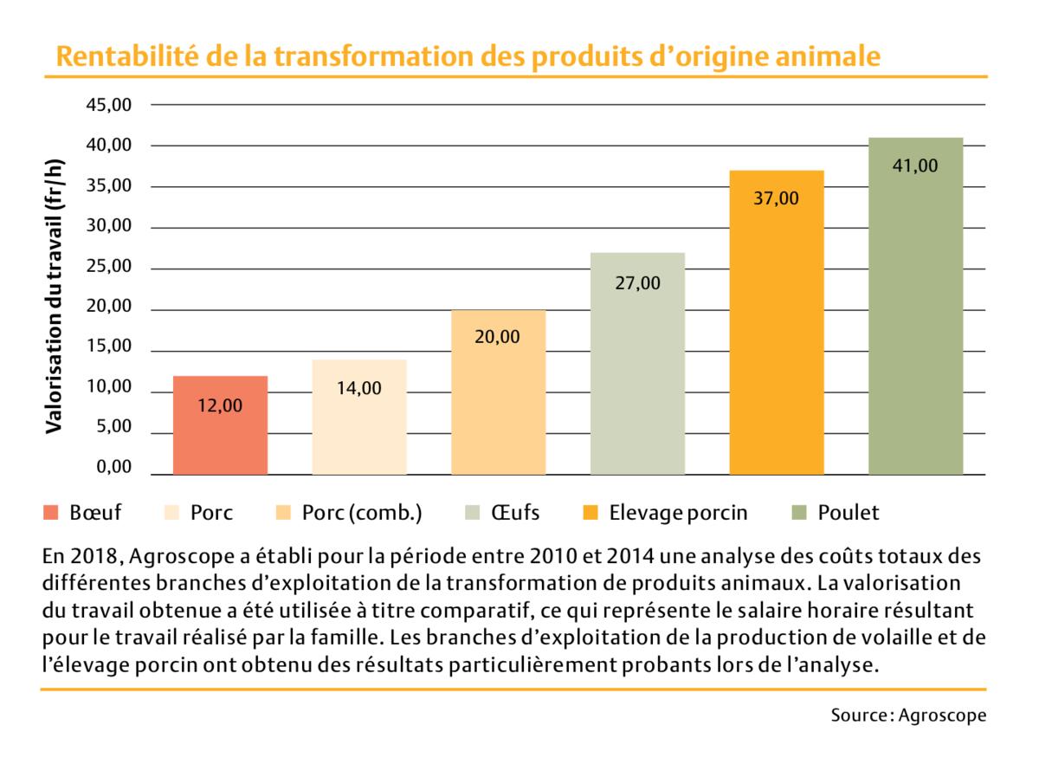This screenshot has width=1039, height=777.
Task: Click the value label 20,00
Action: click(498, 337)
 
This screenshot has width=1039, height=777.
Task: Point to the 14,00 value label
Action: click(358, 388)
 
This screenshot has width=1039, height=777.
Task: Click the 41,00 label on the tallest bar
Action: click(915, 166)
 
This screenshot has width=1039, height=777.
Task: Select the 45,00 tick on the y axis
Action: click(110, 105)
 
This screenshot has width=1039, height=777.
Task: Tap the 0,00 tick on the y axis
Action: click(114, 469)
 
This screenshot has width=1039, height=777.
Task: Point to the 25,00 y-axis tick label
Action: click(110, 267)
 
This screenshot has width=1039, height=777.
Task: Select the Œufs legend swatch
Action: click(473, 513)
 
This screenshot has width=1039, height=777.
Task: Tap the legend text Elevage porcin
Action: click(678, 513)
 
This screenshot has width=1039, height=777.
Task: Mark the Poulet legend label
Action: click(848, 513)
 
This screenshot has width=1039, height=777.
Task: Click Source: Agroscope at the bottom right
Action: click(908, 715)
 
